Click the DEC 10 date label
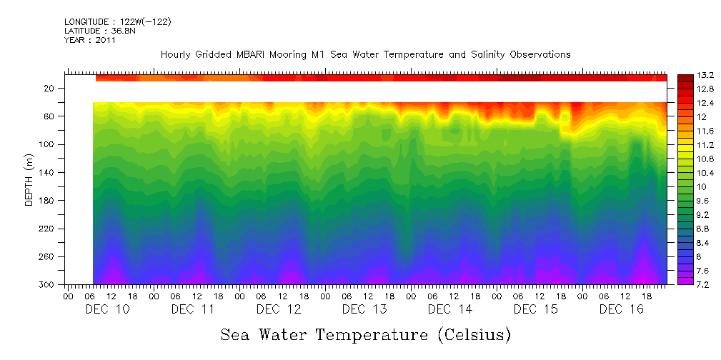(x=107, y=309)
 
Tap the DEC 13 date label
(x=364, y=309)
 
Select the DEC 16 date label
(x=622, y=309)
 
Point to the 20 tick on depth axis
(x=50, y=88)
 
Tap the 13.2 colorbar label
(x=687, y=75)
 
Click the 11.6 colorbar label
(x=687, y=131)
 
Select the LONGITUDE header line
(x=118, y=22)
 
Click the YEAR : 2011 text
(x=90, y=40)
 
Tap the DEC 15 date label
(x=536, y=309)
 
